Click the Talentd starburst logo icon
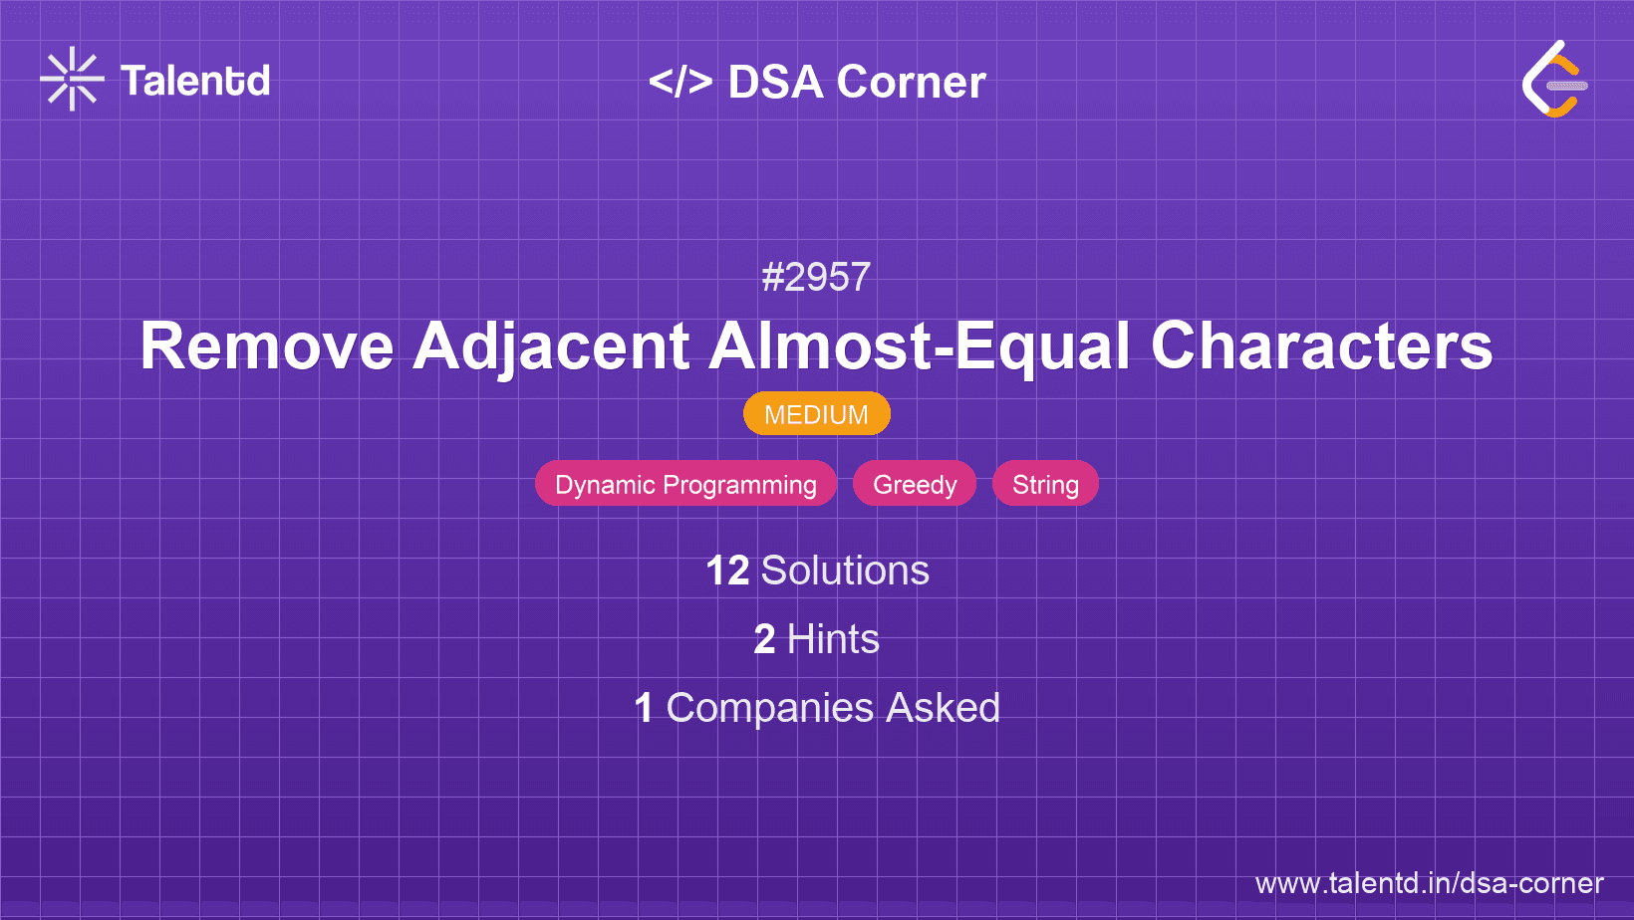point(72,80)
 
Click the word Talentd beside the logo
point(195,81)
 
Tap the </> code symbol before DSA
point(681,82)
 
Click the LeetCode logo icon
point(1554,80)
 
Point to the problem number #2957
point(816,277)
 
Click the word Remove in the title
point(267,346)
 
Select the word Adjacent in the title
point(551,346)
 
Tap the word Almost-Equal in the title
point(920,346)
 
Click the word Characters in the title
point(1321,346)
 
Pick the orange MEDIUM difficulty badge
point(816,414)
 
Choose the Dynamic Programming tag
point(685,484)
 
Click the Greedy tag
point(915,484)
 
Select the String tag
point(1045,484)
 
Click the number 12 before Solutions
point(727,571)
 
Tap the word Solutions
point(845,571)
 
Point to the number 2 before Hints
point(764,639)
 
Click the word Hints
point(833,639)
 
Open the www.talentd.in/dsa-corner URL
point(1429,883)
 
